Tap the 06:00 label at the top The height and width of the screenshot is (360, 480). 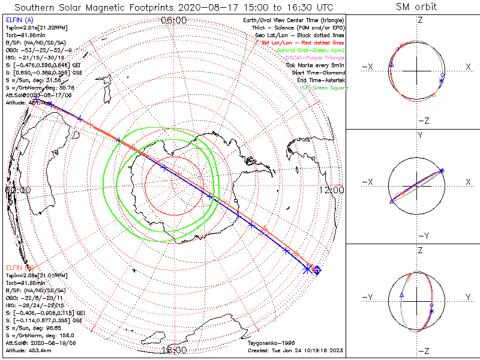[174, 20]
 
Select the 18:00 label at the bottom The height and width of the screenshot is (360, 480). [174, 349]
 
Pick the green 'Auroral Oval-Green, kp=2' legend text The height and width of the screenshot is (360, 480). [310, 50]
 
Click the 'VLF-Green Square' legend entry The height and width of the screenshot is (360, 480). [323, 88]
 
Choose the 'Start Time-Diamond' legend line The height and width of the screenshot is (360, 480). [317, 73]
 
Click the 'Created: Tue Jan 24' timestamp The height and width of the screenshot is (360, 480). [293, 350]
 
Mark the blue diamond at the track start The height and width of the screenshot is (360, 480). [317, 271]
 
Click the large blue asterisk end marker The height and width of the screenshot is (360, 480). [308, 269]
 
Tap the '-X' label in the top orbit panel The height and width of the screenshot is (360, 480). [367, 66]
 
